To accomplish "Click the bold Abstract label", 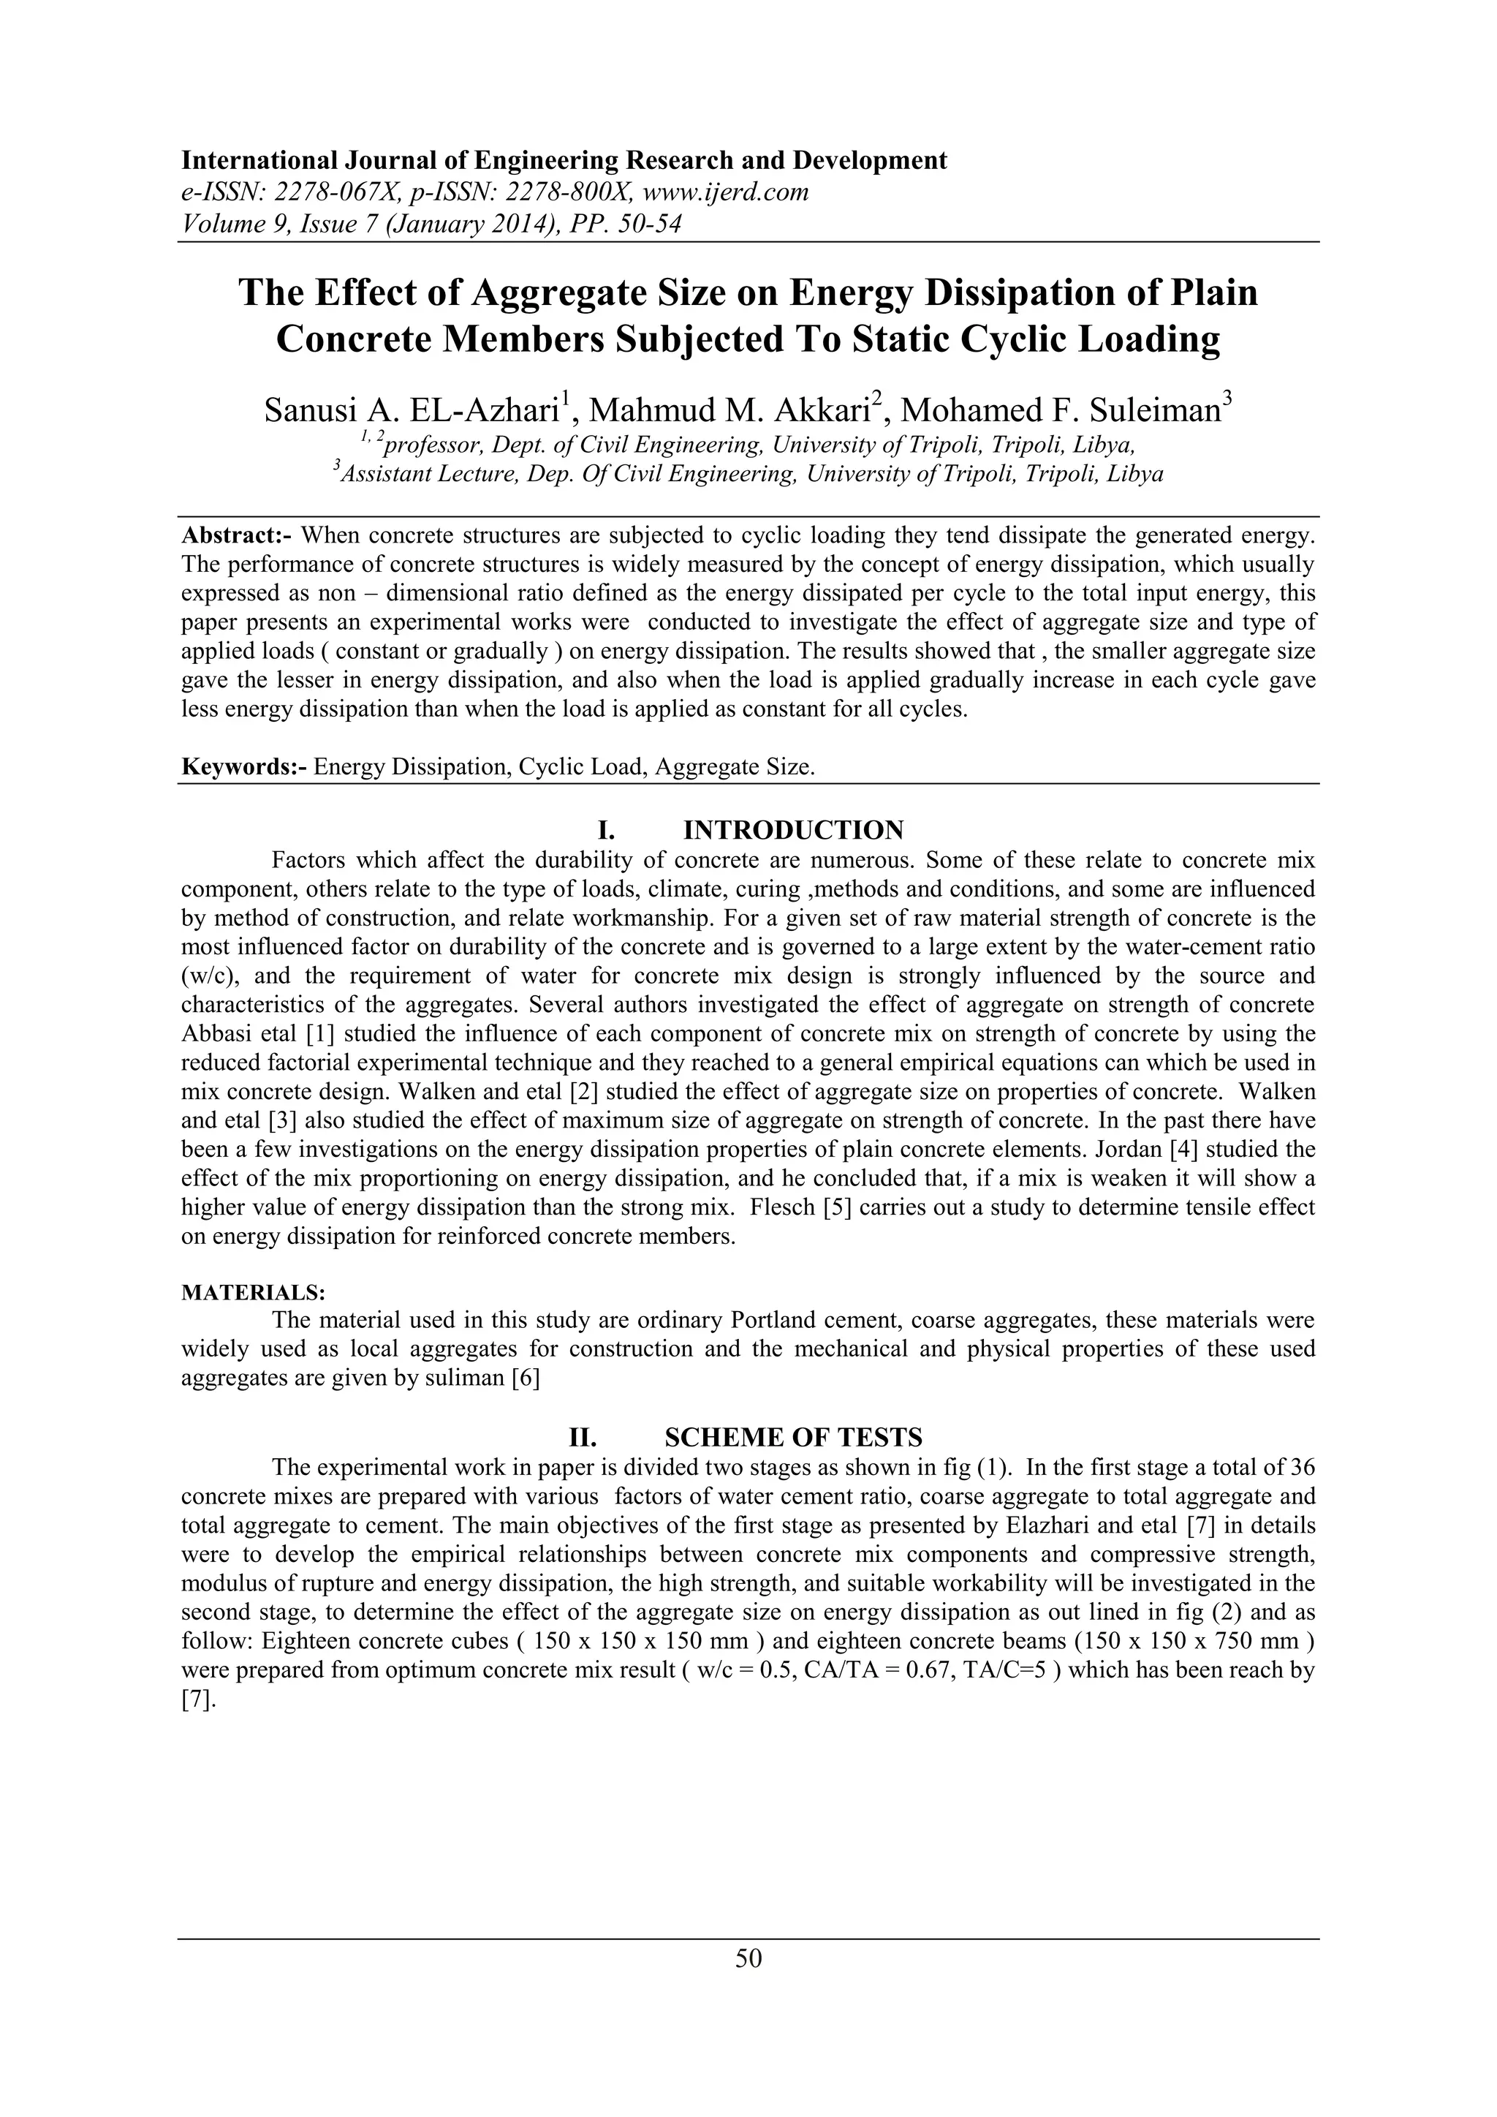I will click(237, 535).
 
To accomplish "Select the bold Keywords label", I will click(243, 767).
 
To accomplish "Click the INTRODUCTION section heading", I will click(793, 830).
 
